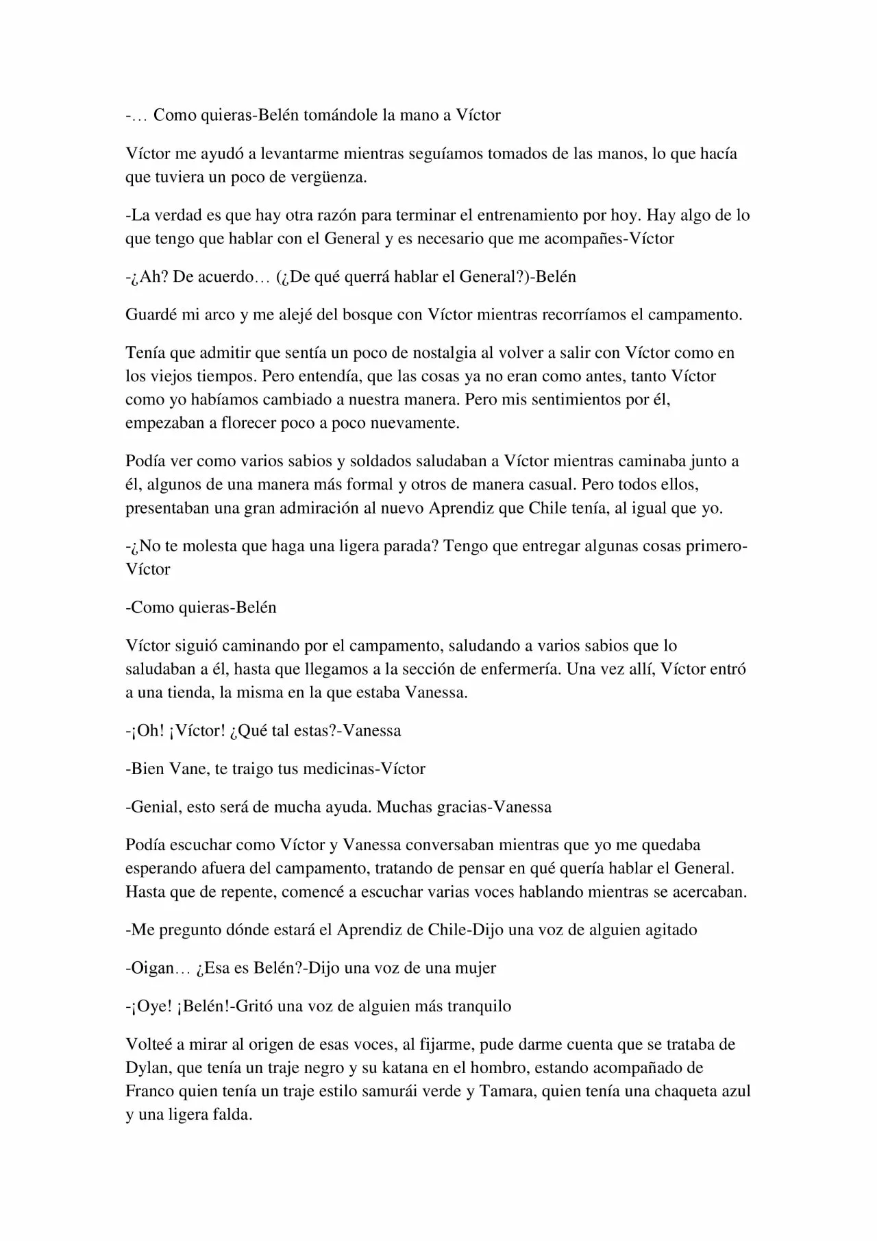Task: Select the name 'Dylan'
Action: click(x=147, y=1068)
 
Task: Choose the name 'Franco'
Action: click(x=151, y=1092)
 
